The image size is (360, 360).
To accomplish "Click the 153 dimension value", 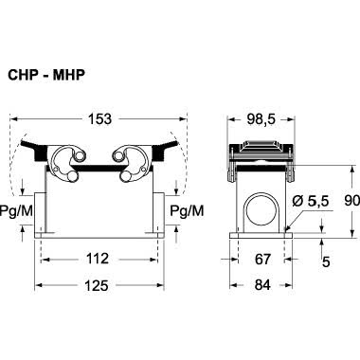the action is (x=99, y=119).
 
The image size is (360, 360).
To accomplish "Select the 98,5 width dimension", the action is (x=261, y=119).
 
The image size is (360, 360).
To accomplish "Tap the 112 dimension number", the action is (x=98, y=259).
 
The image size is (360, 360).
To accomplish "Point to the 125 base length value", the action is (x=97, y=285).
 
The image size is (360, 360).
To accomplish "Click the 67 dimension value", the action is (x=262, y=260).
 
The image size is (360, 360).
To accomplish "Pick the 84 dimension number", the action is (x=262, y=285).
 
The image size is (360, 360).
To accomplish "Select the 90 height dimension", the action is (x=351, y=201).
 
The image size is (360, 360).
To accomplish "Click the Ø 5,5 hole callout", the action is (x=311, y=201).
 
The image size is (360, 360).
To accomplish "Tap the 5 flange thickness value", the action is (x=326, y=261).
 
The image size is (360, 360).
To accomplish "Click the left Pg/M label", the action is (x=16, y=210).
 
